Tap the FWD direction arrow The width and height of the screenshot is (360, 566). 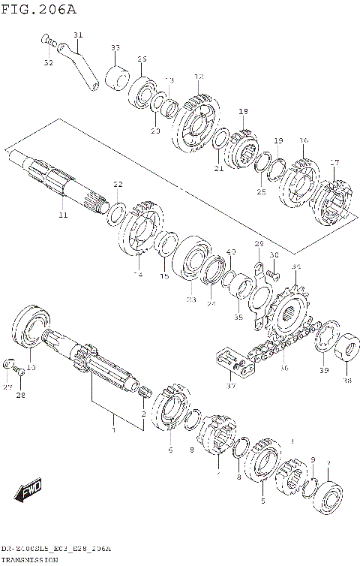pyautogui.click(x=28, y=492)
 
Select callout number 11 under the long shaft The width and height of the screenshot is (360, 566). pyautogui.click(x=62, y=215)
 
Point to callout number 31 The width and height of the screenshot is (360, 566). pyautogui.click(x=78, y=35)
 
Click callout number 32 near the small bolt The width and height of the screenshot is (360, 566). pyautogui.click(x=48, y=62)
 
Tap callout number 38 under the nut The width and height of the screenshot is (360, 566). pyautogui.click(x=346, y=380)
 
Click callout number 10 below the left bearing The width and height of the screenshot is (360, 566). pyautogui.click(x=31, y=367)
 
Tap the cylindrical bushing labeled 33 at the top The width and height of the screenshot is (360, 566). pyautogui.click(x=116, y=77)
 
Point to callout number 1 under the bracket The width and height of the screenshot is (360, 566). pyautogui.click(x=114, y=430)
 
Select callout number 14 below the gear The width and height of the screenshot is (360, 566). pyautogui.click(x=137, y=275)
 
